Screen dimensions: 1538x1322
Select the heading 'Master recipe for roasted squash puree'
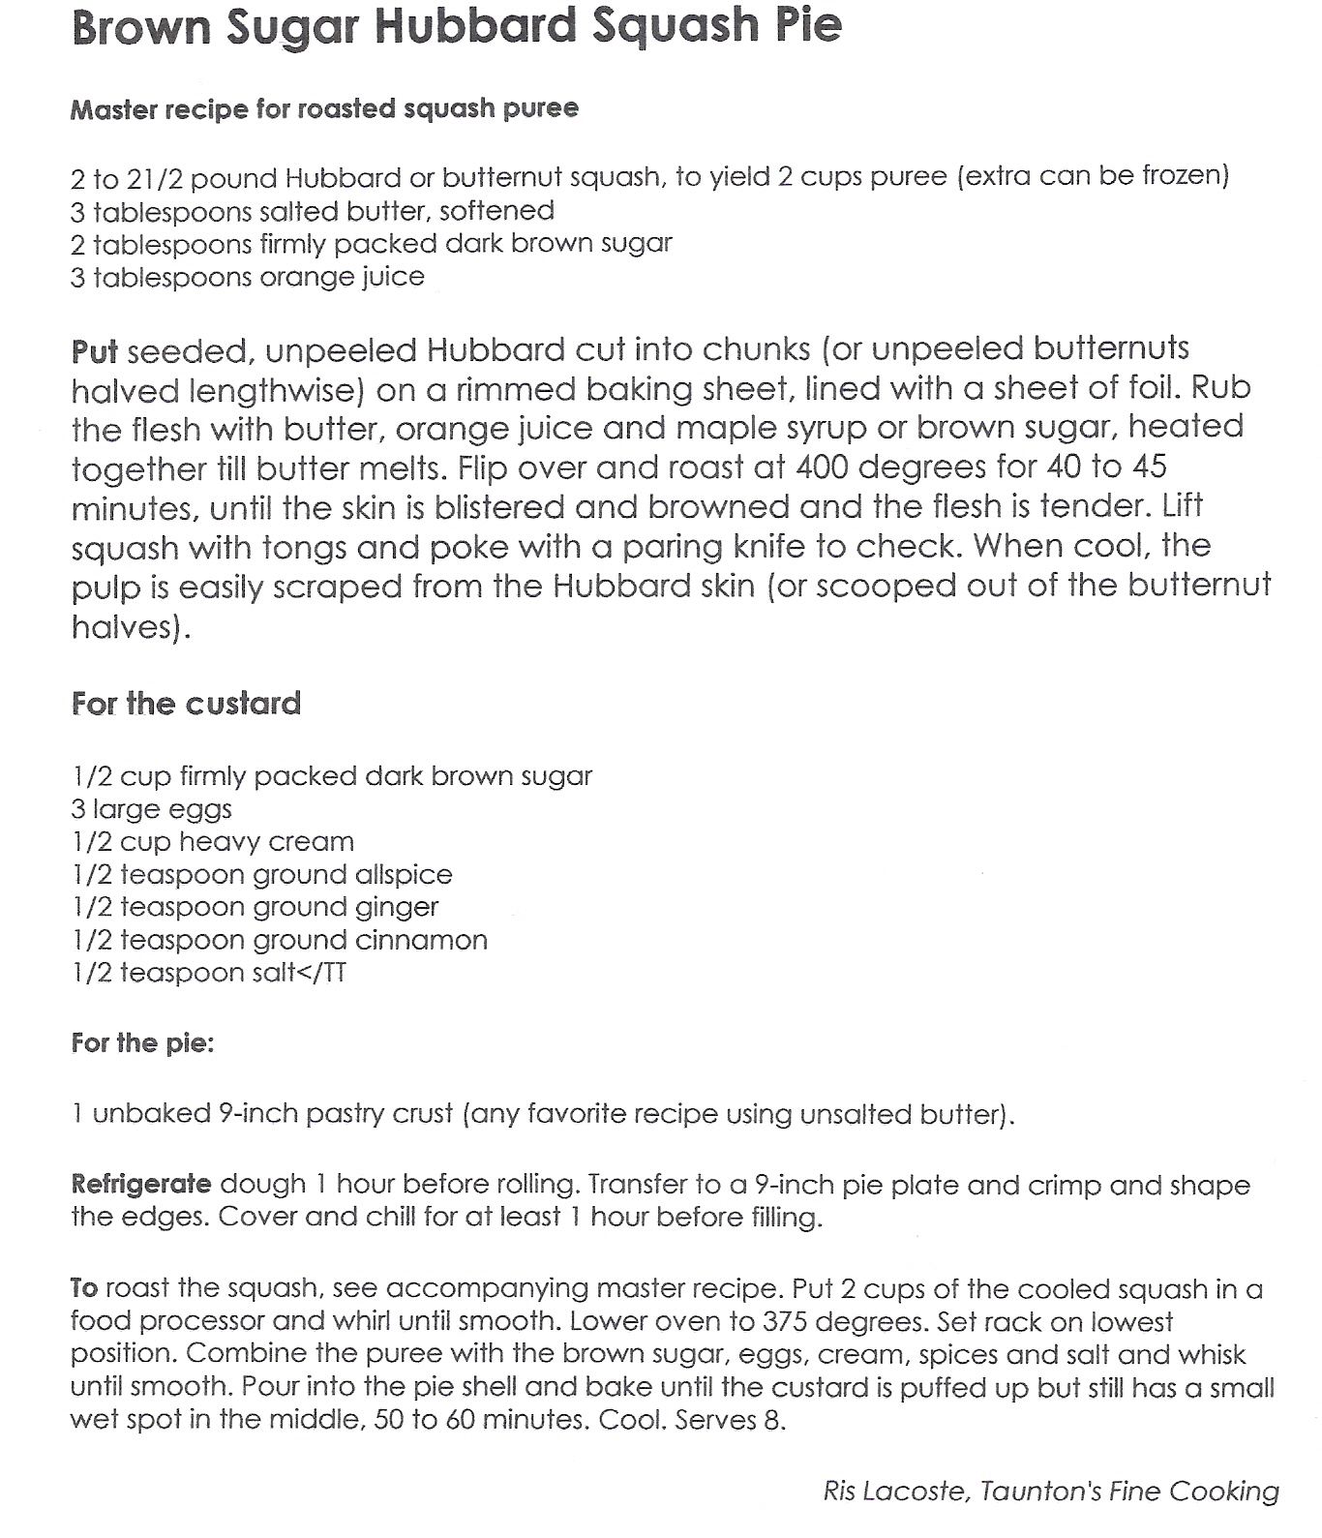point(324,108)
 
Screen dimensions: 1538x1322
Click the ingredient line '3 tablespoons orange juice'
point(248,277)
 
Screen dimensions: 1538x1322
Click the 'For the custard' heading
point(187,703)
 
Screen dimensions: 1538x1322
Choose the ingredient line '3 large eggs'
point(152,809)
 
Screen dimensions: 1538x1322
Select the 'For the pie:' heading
point(142,1043)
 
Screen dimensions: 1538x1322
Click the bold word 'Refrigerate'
point(141,1184)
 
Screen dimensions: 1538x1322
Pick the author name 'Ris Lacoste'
point(894,1492)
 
